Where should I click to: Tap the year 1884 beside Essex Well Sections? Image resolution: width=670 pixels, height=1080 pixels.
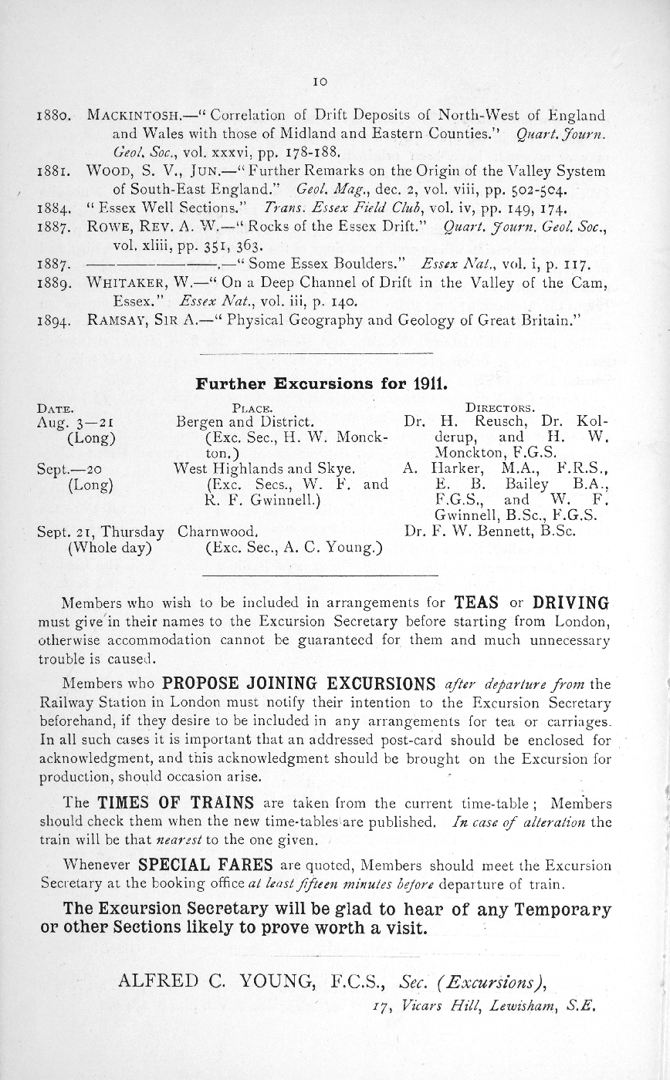pos(54,209)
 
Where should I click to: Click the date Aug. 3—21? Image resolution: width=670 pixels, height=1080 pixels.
pos(76,423)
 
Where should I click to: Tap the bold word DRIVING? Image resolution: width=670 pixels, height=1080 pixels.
pos(571,602)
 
